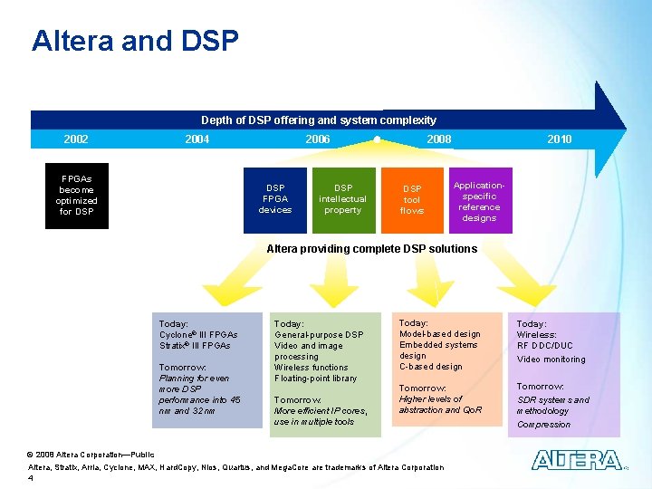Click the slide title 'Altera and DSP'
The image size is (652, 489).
[135, 41]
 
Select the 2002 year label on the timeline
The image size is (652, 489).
[76, 139]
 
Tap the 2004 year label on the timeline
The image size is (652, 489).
[197, 139]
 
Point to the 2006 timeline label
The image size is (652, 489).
[317, 139]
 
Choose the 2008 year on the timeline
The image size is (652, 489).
[438, 139]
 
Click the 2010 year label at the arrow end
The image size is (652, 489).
[559, 139]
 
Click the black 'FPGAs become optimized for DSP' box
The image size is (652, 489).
[76, 196]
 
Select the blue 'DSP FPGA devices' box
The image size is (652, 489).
[274, 199]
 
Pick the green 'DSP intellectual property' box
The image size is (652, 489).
[342, 199]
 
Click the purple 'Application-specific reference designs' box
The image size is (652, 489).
[479, 200]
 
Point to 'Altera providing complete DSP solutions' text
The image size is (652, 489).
[371, 249]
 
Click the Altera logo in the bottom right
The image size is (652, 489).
[576, 460]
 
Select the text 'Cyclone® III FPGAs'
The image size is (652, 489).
[198, 334]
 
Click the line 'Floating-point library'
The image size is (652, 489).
[315, 378]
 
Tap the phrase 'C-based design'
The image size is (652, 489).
[431, 367]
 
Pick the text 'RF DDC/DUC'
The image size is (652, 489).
[545, 345]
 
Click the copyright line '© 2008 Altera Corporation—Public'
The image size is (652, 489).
[91, 455]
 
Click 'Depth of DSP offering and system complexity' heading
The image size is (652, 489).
[318, 120]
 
